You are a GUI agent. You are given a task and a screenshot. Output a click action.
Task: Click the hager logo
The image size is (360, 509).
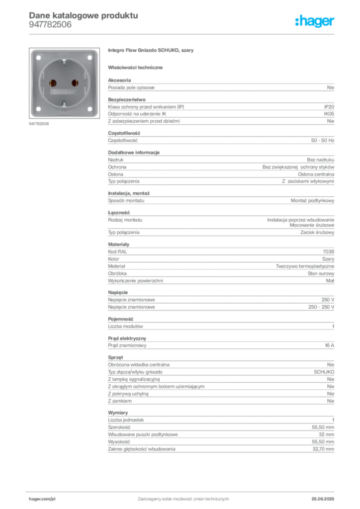pos(315,21)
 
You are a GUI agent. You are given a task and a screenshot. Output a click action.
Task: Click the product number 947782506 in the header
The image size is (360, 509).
pos(50,25)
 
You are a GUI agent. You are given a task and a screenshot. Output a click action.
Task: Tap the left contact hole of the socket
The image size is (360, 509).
pos(53,84)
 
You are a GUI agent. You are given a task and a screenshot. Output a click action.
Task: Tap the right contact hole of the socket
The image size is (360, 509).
pos(75,83)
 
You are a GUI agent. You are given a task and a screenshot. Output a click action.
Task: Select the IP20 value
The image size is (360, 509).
pos(329,107)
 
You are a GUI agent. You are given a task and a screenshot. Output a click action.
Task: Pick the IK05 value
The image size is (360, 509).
pos(329,114)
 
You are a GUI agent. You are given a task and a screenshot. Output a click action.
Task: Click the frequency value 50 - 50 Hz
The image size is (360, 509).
pos(323,141)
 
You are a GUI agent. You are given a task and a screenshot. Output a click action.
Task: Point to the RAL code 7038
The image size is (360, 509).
pos(329,252)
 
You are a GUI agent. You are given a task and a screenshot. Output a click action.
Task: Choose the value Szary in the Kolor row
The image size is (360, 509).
pos(328,259)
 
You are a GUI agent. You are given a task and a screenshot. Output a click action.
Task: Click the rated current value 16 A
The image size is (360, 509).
pos(330,345)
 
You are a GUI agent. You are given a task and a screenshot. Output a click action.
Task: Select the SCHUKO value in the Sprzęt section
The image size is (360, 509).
pos(324,372)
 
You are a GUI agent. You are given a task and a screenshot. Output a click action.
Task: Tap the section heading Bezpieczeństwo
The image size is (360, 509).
pos(127,99)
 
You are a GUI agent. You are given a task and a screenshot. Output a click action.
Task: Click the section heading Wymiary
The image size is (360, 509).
pos(118,413)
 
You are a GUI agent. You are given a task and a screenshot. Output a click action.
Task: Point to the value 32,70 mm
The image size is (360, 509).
pos(323,449)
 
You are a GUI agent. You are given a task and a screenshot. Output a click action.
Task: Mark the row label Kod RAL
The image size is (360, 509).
pos(117,252)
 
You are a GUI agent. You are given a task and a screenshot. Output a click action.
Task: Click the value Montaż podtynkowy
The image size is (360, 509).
pos(312,201)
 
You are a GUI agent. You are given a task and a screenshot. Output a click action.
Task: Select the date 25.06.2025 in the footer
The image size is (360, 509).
pos(323,499)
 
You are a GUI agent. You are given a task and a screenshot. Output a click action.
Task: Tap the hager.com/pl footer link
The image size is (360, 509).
pos(42,499)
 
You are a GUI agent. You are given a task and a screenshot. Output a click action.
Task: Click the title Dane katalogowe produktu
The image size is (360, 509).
pos(84,15)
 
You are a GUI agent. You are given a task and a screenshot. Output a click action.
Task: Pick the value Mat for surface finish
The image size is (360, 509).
pos(330,281)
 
